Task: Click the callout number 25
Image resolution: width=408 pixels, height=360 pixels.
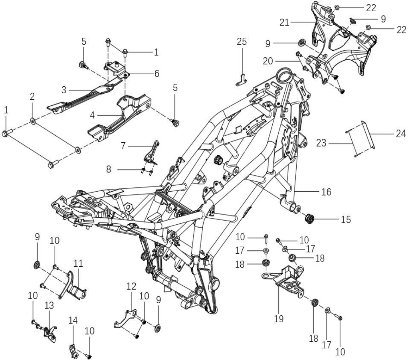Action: pyautogui.click(x=242, y=41)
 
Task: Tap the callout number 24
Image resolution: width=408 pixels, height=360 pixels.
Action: pyautogui.click(x=401, y=134)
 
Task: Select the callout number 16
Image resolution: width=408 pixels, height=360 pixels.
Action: pyautogui.click(x=326, y=192)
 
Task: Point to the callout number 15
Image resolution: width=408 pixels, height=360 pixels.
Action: pyautogui.click(x=346, y=219)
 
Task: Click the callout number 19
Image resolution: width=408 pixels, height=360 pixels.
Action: pyautogui.click(x=278, y=318)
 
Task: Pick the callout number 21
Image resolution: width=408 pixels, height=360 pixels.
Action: pyautogui.click(x=284, y=23)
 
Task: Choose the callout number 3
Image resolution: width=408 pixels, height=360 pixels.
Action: pyautogui.click(x=64, y=90)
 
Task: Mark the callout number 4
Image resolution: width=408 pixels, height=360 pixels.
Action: pyautogui.click(x=92, y=115)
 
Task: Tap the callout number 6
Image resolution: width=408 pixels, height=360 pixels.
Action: pyautogui.click(x=156, y=74)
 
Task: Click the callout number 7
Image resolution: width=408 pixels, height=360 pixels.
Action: pyautogui.click(x=123, y=146)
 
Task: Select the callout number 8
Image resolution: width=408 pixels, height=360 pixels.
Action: pyautogui.click(x=109, y=169)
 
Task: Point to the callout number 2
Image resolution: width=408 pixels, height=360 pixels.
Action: pyautogui.click(x=32, y=97)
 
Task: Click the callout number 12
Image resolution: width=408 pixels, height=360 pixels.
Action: pyautogui.click(x=131, y=286)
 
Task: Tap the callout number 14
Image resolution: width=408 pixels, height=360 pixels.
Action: pyautogui.click(x=73, y=320)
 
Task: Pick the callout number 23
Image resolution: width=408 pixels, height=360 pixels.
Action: pyautogui.click(x=321, y=143)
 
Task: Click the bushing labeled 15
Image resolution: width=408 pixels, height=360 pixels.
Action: pyautogui.click(x=310, y=218)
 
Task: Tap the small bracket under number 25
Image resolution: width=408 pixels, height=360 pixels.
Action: pyautogui.click(x=241, y=81)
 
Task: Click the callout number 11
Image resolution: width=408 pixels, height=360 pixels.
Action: pyautogui.click(x=78, y=263)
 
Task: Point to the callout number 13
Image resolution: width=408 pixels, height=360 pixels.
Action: pyautogui.click(x=49, y=305)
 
